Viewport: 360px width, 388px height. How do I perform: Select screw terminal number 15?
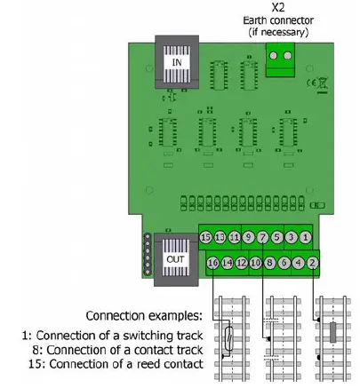coord(205,238)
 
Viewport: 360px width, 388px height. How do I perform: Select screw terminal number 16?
coord(212,263)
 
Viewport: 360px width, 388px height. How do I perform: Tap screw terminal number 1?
coord(305,238)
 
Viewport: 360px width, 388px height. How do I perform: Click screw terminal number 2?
coord(312,263)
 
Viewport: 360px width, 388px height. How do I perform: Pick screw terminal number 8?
coord(269,263)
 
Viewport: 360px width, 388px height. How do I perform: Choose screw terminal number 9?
coord(248,238)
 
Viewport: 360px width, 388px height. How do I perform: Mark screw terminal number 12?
coord(241,263)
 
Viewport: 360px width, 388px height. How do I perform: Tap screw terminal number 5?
coord(276,238)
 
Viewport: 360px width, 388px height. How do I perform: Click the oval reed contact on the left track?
coord(229,337)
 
